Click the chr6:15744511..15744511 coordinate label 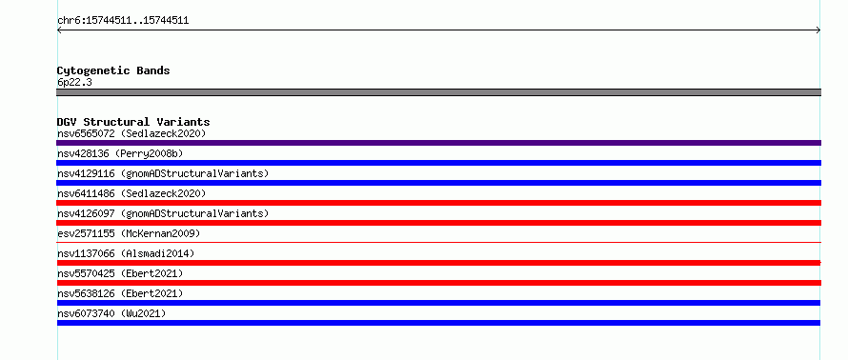pos(123,21)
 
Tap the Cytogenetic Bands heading pos(113,70)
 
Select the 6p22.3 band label pos(74,82)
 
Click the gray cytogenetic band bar pos(438,92)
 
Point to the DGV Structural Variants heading pos(133,122)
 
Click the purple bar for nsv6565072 pos(438,143)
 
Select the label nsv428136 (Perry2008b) pos(120,153)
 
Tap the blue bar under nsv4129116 pos(438,183)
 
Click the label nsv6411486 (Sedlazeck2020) pos(131,193)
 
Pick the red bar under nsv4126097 pos(438,223)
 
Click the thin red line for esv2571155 pos(438,242)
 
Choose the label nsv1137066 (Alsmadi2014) pos(126,253)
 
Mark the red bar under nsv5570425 pos(438,283)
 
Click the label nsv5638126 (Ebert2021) pos(120,293)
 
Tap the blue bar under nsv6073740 pos(438,323)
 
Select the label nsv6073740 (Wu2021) pos(111,313)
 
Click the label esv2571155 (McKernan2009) pos(129,233)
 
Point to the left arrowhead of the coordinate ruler pos(57,30)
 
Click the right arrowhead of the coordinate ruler pos(820,30)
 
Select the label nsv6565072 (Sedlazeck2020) pos(131,133)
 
